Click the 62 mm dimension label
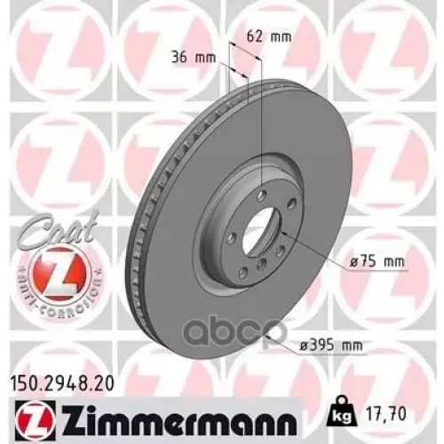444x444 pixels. pos(267,37)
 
